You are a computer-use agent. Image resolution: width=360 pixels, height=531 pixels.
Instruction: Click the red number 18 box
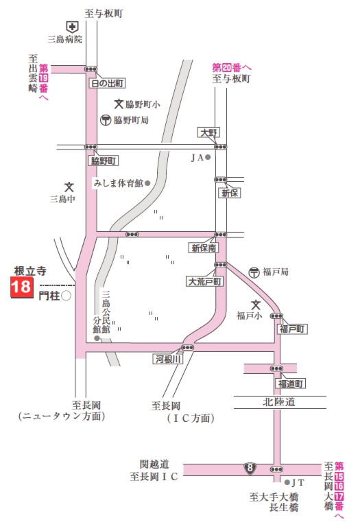pos(21,287)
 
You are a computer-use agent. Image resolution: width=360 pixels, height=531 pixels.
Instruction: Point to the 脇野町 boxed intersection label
pos(104,161)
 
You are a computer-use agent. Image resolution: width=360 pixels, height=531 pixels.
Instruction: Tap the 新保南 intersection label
pos(204,247)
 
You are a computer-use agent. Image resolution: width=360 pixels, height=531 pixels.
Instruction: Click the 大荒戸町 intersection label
pos(204,281)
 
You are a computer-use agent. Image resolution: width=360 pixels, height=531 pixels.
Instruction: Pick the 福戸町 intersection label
pos(293,329)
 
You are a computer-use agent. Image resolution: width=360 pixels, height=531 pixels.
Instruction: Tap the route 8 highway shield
pos(252,469)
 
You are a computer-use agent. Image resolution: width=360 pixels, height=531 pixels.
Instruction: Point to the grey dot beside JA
pos(207,157)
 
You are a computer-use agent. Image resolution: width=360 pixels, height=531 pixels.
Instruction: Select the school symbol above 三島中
pos(69,187)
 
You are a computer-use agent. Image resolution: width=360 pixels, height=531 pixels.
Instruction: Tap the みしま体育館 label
pos(118,183)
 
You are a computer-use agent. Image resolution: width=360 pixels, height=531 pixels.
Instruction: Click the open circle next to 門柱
pos(67,296)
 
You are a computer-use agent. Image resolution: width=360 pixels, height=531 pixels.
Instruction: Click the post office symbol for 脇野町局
pos(106,120)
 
